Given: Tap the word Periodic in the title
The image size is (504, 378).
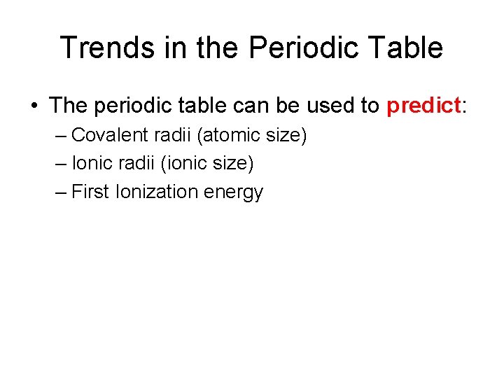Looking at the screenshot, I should (x=288, y=48).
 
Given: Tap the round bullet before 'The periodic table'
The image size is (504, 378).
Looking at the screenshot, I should (x=34, y=106).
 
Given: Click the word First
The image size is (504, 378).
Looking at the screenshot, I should (x=90, y=192).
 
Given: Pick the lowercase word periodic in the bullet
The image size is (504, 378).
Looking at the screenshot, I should (x=132, y=106).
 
